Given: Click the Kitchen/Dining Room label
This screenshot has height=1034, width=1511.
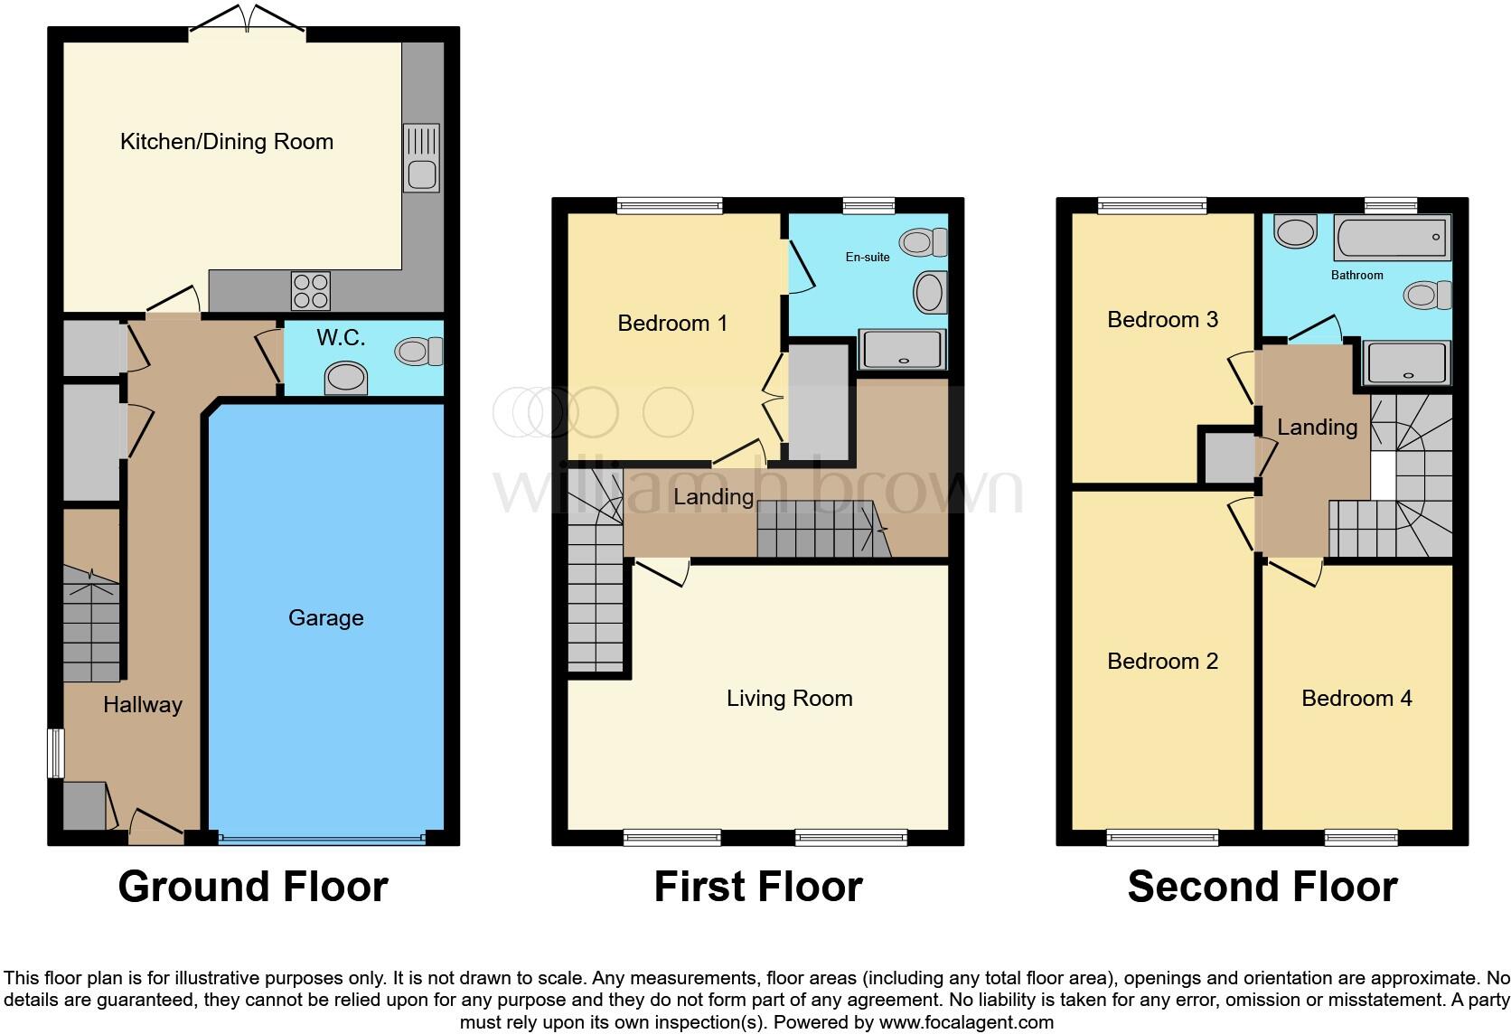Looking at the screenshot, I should pyautogui.click(x=227, y=142).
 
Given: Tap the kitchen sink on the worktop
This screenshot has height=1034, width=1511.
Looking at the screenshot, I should pyautogui.click(x=421, y=158).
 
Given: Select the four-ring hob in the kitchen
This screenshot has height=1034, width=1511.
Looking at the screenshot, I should pyautogui.click(x=310, y=290).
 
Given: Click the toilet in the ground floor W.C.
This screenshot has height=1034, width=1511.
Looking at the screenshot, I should pyautogui.click(x=419, y=351).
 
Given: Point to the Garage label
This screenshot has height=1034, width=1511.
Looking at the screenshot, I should pyautogui.click(x=325, y=618).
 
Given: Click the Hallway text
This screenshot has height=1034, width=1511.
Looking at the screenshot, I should pyautogui.click(x=143, y=705).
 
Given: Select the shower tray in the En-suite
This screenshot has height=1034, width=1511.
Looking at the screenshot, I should pyautogui.click(x=903, y=349).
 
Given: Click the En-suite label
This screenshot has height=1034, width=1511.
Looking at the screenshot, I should pyautogui.click(x=868, y=258).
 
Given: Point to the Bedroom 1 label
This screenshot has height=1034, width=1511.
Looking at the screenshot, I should pyautogui.click(x=672, y=324).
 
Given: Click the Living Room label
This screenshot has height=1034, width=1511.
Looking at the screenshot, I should pyautogui.click(x=789, y=699).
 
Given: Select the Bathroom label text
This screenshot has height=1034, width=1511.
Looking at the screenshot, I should pyautogui.click(x=1356, y=276).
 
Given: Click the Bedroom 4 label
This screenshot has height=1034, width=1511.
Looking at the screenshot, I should pyautogui.click(x=1356, y=699).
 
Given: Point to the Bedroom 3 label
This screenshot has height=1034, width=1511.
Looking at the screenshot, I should pyautogui.click(x=1162, y=320).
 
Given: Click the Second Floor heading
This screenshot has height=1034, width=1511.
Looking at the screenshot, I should pyautogui.click(x=1262, y=887).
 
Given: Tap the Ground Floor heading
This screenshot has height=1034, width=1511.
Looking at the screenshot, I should pyautogui.click(x=253, y=887).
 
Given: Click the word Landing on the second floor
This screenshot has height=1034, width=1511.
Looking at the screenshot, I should pyautogui.click(x=1317, y=428).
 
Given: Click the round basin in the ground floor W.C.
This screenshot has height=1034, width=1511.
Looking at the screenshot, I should pyautogui.click(x=346, y=378).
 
